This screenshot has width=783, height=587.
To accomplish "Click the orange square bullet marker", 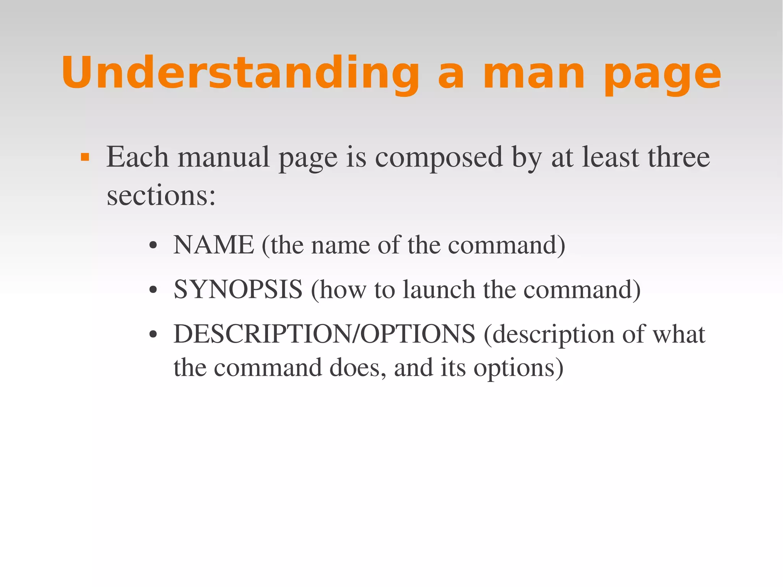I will tap(85, 157).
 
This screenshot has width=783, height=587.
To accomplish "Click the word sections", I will tap(161, 196).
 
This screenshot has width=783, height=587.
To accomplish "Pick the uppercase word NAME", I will tap(214, 245).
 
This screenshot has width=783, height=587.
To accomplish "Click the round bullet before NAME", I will tap(153, 246).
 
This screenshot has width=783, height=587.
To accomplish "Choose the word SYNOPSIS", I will tap(238, 289).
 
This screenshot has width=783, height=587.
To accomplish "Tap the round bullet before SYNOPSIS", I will tap(153, 291).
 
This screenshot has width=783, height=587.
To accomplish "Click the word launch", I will tap(439, 289).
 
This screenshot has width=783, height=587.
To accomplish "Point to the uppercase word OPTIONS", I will tap(418, 334).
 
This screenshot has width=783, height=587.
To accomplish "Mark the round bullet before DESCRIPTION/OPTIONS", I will tap(153, 335).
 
